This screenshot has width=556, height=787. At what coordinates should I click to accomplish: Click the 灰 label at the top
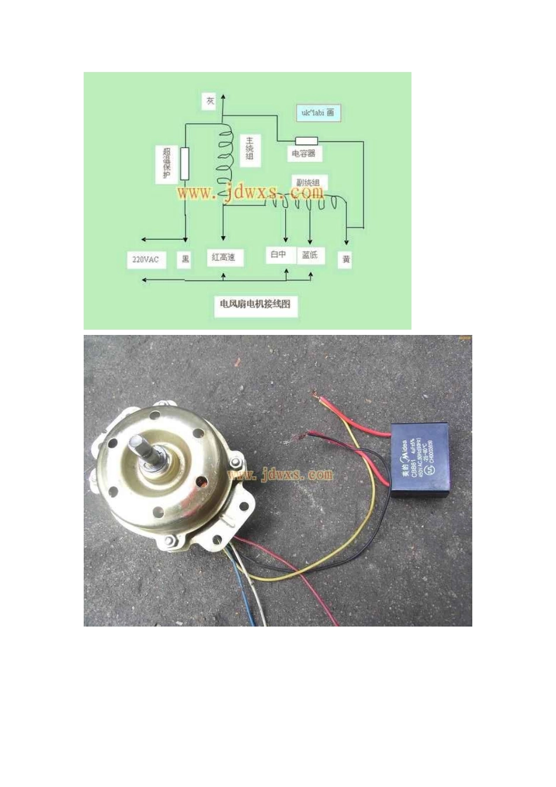210,101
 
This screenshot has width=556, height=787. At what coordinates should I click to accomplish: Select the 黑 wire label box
186,259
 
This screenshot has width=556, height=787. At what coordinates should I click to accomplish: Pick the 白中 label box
279,255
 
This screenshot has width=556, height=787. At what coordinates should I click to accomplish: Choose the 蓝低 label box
310,255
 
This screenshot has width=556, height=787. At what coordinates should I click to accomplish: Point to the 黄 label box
346,259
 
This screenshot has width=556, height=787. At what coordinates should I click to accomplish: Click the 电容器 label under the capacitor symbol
304,153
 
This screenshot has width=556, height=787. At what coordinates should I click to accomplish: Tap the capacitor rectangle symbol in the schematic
306,141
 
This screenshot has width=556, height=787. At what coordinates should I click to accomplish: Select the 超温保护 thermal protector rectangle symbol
185,164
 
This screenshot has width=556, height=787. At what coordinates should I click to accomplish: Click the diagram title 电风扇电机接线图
255,304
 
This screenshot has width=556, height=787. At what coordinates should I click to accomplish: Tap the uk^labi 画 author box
318,113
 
